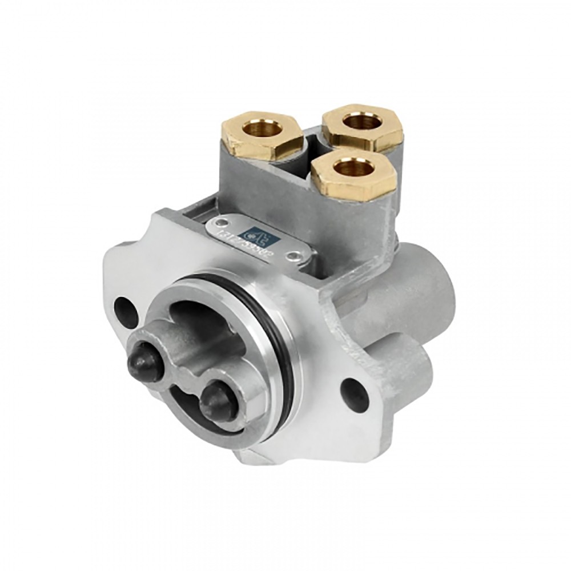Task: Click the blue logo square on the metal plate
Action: click(252, 232)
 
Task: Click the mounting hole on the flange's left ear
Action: click(125, 311)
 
